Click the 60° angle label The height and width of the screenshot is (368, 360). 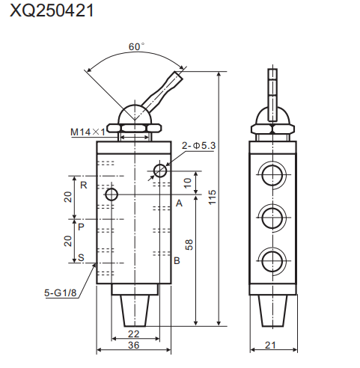(135, 46)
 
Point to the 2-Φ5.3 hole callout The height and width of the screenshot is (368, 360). (199, 145)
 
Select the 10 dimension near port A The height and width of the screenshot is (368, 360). (188, 180)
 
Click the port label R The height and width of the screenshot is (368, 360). (83, 184)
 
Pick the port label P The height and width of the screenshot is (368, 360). (81, 225)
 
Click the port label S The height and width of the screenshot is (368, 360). (81, 260)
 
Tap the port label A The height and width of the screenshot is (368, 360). (179, 203)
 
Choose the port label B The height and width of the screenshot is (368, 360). (177, 261)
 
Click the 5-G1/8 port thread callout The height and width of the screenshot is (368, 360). (61, 293)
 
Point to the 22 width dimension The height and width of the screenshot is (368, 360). (133, 334)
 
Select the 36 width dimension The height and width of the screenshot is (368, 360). (133, 346)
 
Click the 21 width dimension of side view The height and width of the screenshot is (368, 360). (272, 346)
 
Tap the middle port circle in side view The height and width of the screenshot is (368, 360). (272, 218)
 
